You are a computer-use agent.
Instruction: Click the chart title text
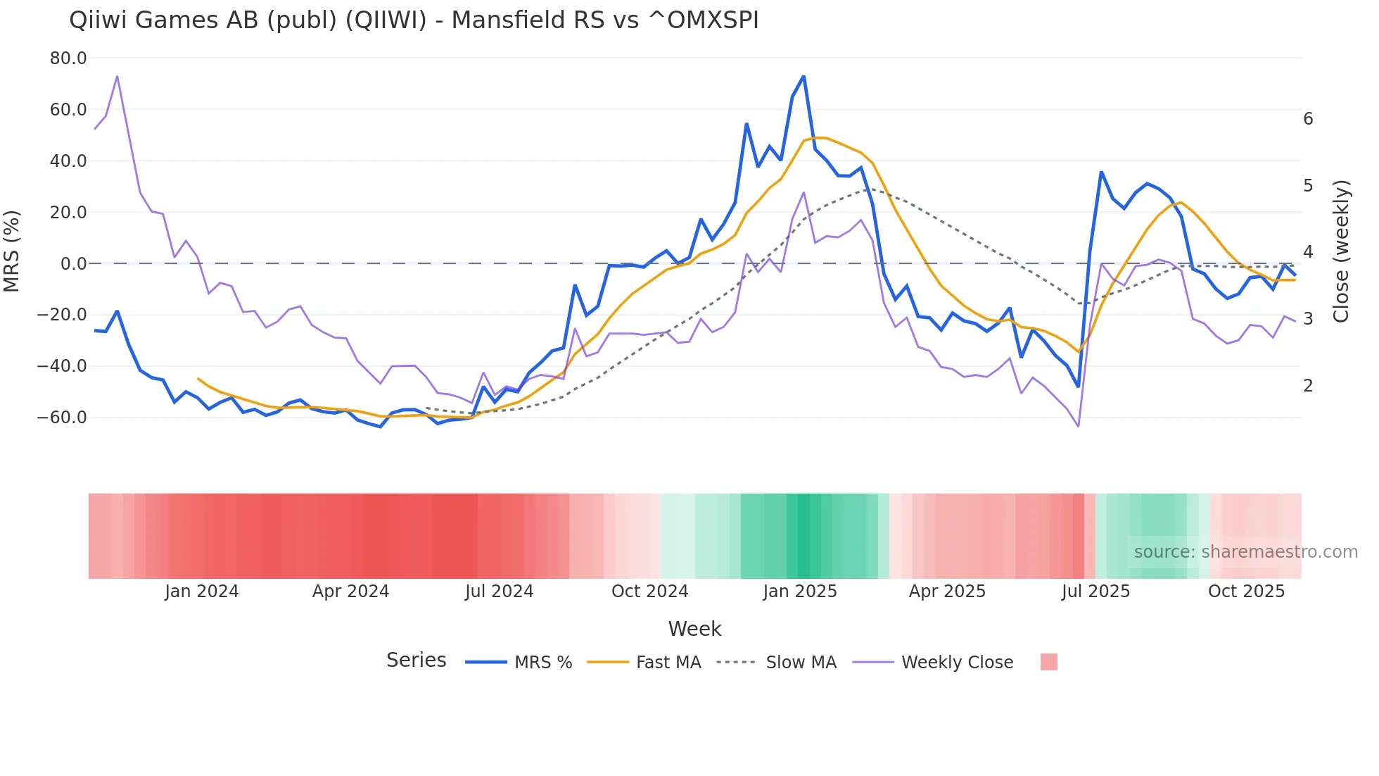(414, 20)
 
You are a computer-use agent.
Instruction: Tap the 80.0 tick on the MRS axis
(68, 58)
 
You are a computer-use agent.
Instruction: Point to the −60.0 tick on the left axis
(62, 418)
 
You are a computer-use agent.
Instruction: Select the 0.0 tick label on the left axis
(73, 264)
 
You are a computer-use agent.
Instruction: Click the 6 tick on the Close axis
(1308, 119)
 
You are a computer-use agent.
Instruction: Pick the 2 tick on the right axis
(1308, 386)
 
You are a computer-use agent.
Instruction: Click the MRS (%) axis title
(12, 251)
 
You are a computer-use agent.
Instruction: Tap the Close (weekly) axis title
(1341, 251)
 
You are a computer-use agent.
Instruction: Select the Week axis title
(694, 629)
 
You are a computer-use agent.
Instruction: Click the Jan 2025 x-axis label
(800, 592)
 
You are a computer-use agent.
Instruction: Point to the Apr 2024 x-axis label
(350, 592)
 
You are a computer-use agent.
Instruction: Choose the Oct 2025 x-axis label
(1246, 592)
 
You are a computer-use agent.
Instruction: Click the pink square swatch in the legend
(1048, 662)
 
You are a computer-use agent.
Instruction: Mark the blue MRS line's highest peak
(803, 77)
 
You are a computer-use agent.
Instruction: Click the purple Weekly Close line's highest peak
(117, 76)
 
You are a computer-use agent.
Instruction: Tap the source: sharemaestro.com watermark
(1245, 552)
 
